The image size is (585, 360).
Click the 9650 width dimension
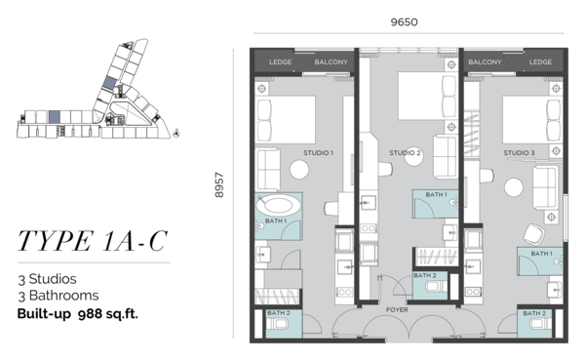point(404,22)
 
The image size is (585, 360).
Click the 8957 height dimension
point(219,184)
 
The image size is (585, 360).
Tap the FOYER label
point(397,309)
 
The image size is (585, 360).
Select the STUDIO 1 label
point(318,153)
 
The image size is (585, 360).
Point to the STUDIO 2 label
point(405,153)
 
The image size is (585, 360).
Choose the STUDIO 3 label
point(519,153)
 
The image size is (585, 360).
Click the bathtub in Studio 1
point(278,205)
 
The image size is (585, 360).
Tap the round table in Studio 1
point(299,170)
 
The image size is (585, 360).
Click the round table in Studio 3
point(514,187)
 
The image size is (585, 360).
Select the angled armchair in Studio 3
point(534,234)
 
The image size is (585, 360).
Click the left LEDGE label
point(281,62)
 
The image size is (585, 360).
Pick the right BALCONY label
point(485,62)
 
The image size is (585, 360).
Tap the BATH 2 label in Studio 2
point(425,275)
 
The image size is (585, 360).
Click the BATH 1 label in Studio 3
point(542,254)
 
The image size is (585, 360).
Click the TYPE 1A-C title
point(93,241)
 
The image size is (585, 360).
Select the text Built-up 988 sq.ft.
point(78,314)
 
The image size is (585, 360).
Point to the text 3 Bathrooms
point(58,296)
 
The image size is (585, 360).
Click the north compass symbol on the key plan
point(176,133)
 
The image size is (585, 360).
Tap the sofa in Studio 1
point(268,170)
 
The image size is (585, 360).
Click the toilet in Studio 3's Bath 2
point(537,324)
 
